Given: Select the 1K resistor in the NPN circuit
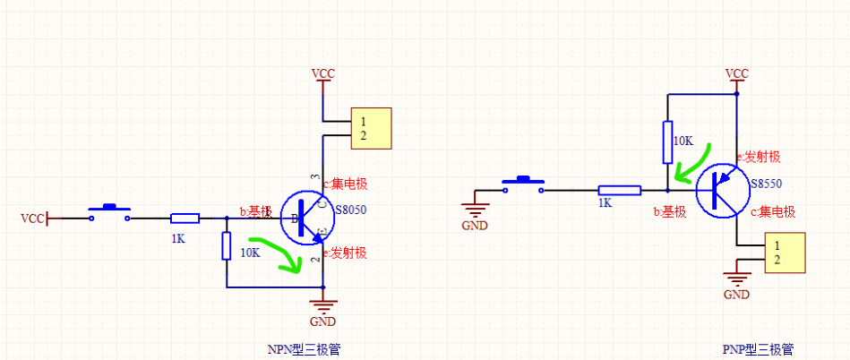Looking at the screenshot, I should pyautogui.click(x=185, y=218).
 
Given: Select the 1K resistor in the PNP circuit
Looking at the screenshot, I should pyautogui.click(x=619, y=190).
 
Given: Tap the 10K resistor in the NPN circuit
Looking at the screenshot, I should pyautogui.click(x=227, y=244).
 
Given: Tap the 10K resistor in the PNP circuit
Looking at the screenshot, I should pyautogui.click(x=667, y=141).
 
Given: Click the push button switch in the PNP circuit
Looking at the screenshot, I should pyautogui.click(x=522, y=185).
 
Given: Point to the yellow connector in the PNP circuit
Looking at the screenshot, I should pyautogui.click(x=786, y=252).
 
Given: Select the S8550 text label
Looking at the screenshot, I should pyautogui.click(x=768, y=183).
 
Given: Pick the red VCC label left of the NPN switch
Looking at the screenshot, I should pyautogui.click(x=32, y=218).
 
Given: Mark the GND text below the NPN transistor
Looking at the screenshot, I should pyautogui.click(x=321, y=321).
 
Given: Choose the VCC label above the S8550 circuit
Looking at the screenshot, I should pyautogui.click(x=736, y=73).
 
